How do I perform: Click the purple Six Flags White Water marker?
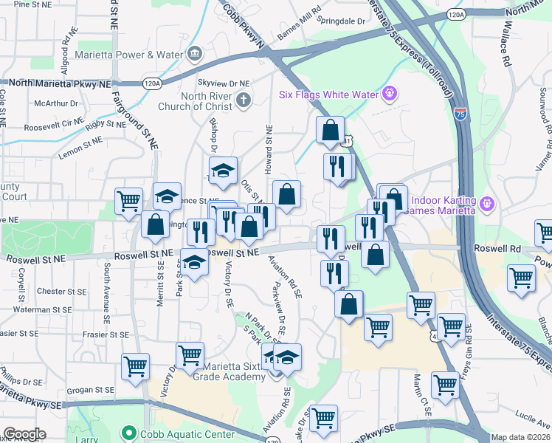[x=390, y=95]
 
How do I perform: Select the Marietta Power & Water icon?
[x=195, y=53]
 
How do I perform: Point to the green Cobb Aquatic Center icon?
[x=130, y=434]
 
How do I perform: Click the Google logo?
[x=24, y=434]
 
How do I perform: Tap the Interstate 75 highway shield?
[x=460, y=113]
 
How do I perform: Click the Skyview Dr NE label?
[x=224, y=84]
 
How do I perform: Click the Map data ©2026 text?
[x=520, y=437]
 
